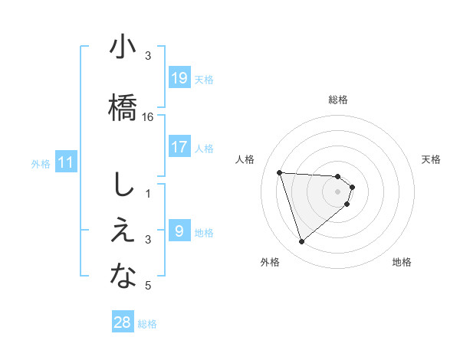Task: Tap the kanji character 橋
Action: coord(123,106)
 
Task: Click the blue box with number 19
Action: coord(179,78)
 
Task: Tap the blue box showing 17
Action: coord(179,147)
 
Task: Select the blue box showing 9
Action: coord(179,231)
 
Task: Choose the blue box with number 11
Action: coord(66,162)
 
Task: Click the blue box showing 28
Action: coord(123,322)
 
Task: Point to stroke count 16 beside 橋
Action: coord(149,117)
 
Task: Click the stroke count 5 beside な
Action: coord(148,286)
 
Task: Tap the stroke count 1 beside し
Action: coord(148,194)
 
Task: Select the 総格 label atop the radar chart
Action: coord(338,100)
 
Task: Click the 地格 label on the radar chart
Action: coord(402,262)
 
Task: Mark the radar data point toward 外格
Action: coord(301,242)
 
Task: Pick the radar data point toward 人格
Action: coord(280,172)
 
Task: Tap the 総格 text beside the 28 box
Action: coord(147,323)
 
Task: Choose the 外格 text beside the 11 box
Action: coord(41,163)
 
